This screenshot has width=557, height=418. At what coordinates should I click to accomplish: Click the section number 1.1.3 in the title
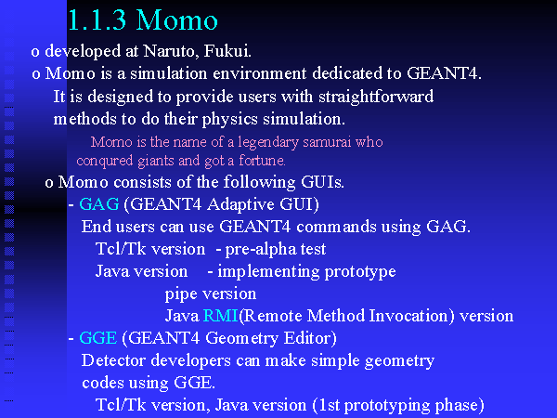pyautogui.click(x=97, y=20)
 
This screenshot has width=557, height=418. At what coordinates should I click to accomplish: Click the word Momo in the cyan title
pyautogui.click(x=176, y=20)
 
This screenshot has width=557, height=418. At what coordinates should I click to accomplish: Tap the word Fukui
pyautogui.click(x=227, y=51)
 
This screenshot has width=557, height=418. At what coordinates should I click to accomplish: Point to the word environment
pyautogui.click(x=259, y=73)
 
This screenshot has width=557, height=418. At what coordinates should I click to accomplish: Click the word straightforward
pyautogui.click(x=376, y=97)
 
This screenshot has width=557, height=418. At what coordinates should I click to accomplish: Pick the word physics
pyautogui.click(x=230, y=120)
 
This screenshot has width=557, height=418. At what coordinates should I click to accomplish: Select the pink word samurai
pyautogui.click(x=327, y=142)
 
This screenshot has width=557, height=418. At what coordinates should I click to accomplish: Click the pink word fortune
pyautogui.click(x=262, y=161)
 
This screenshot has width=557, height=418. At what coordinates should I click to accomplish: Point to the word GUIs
pyautogui.click(x=322, y=182)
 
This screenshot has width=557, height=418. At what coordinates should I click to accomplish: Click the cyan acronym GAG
pyautogui.click(x=99, y=204)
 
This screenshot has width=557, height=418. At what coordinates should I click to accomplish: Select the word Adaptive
pyautogui.click(x=240, y=204)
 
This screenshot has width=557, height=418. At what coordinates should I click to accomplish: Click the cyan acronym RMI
pyautogui.click(x=220, y=316)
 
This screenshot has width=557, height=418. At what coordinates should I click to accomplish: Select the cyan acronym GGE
pyautogui.click(x=98, y=338)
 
